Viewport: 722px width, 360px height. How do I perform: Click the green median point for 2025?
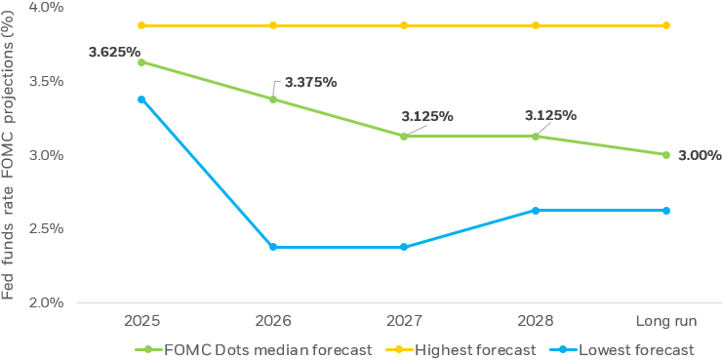click(141, 62)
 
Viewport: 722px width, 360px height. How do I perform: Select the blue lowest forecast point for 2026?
click(272, 247)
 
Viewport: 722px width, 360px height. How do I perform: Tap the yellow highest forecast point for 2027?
click(404, 25)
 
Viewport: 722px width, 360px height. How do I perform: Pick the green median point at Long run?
click(666, 154)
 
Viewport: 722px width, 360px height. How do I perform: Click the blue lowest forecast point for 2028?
click(535, 210)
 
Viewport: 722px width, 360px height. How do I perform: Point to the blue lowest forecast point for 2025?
click(141, 100)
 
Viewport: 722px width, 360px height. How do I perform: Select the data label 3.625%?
click(114, 52)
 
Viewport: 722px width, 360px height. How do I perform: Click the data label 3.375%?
click(310, 81)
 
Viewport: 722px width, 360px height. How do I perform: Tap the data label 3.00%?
click(700, 154)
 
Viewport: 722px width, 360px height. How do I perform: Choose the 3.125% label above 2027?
click(427, 116)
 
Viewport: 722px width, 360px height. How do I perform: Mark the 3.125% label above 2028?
click(550, 115)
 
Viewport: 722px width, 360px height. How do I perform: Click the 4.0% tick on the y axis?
click(46, 7)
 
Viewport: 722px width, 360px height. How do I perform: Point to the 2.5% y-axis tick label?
click(46, 228)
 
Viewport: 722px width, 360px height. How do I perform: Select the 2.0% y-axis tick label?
click(46, 302)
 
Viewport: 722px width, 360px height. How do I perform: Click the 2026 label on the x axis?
click(272, 321)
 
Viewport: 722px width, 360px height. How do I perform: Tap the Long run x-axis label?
click(666, 321)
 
